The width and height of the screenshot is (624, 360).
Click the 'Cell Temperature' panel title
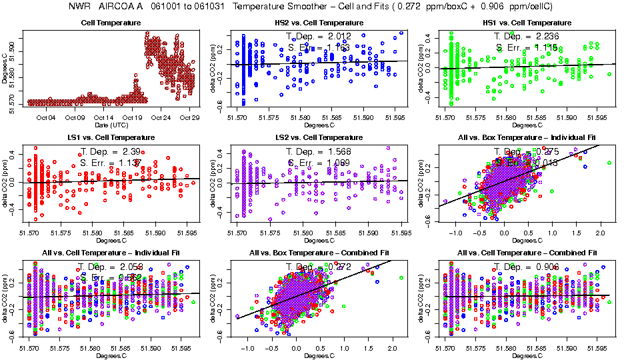click(x=111, y=23)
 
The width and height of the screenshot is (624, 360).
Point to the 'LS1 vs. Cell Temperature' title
click(x=111, y=138)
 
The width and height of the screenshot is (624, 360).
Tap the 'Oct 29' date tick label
click(x=190, y=118)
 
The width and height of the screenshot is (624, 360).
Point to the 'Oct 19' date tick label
click(x=133, y=118)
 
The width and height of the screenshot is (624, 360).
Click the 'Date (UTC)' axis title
click(x=111, y=125)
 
